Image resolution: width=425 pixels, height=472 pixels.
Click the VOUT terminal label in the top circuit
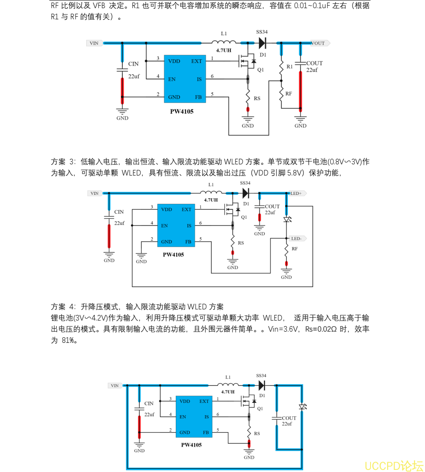[318, 43]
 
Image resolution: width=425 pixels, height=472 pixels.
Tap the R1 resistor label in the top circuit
[289, 67]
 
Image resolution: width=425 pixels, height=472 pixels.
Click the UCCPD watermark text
[394, 466]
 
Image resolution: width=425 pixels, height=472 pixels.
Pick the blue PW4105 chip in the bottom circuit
[194, 417]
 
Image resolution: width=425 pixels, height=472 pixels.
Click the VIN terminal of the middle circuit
[94, 194]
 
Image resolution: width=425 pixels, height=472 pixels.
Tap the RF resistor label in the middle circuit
[295, 249]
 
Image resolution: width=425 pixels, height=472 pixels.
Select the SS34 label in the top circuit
[262, 32]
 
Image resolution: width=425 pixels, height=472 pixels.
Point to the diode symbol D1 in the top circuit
[262, 43]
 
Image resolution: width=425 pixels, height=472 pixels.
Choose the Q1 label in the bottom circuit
[260, 408]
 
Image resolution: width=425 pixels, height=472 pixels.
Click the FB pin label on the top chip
[198, 97]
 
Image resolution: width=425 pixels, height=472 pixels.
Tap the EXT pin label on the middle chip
[187, 209]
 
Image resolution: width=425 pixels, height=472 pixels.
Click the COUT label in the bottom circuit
[289, 418]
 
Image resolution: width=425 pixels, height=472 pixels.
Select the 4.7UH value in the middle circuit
[211, 200]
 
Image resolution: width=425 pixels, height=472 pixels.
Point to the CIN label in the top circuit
[133, 64]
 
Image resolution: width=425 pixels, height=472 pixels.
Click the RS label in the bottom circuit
[257, 433]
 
